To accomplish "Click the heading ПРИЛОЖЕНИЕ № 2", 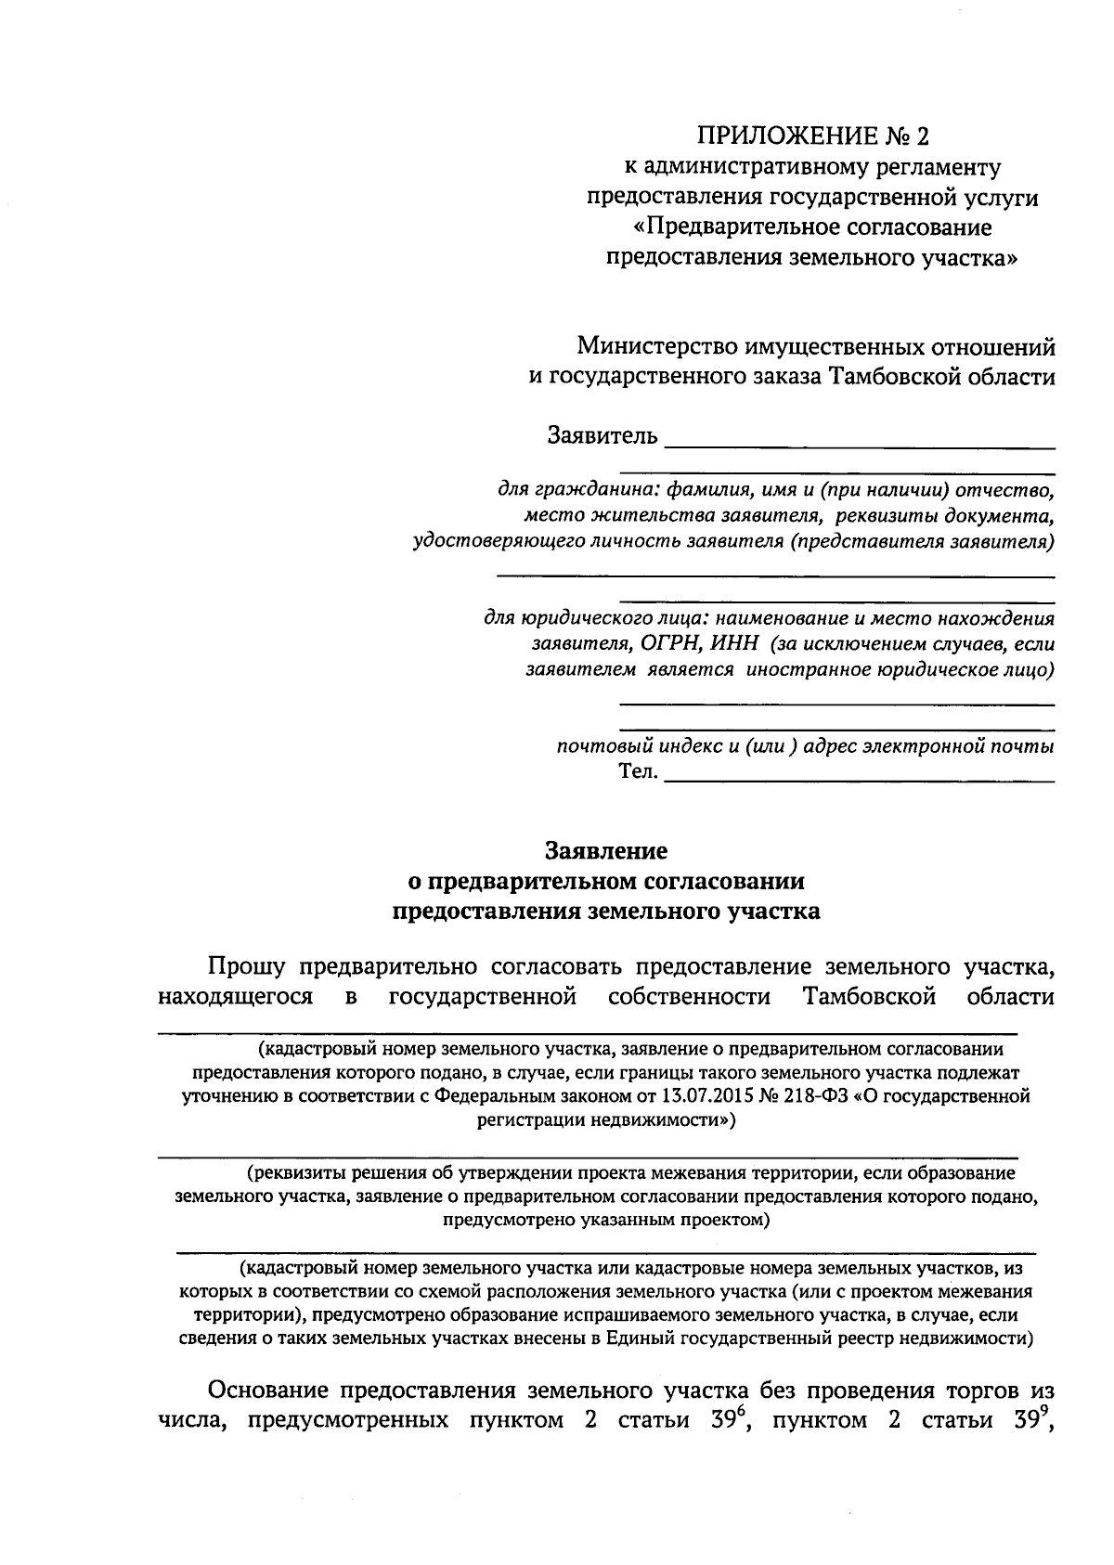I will click(812, 137).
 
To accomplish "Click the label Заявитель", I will click(602, 435).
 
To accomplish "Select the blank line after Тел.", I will click(860, 782).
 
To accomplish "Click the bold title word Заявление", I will click(605, 849).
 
